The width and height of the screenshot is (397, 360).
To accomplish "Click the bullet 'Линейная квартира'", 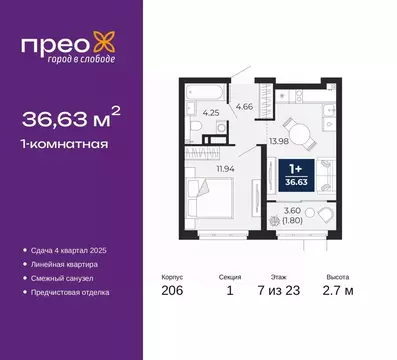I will [73, 263].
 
